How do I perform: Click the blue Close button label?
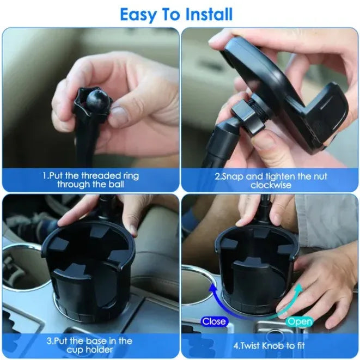214,321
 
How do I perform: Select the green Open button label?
299,321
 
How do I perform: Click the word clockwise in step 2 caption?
270,185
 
